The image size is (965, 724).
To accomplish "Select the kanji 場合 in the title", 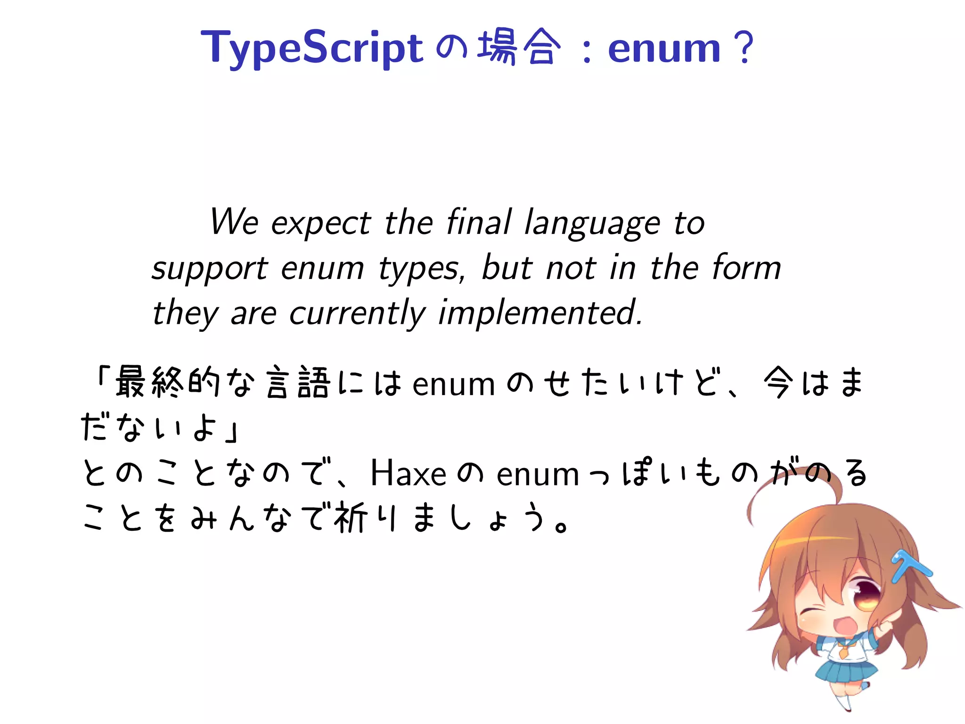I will tap(519, 47).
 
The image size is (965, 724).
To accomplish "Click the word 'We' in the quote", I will tap(234, 222).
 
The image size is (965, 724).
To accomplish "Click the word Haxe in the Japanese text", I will tap(408, 473).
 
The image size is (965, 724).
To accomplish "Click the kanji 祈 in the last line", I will tap(351, 517).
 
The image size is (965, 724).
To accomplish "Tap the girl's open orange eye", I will tap(866, 598).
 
